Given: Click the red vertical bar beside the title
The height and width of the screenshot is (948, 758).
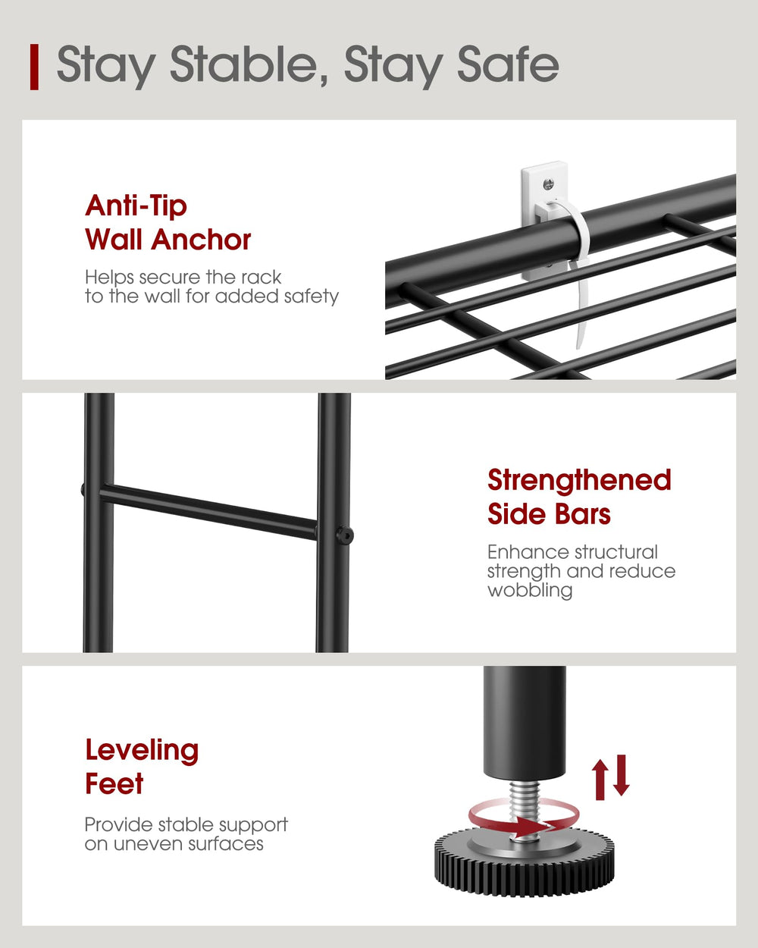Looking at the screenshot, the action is tap(34, 67).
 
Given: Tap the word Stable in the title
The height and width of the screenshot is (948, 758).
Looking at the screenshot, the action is tap(249, 64).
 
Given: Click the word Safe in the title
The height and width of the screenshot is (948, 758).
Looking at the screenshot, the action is tap(509, 64).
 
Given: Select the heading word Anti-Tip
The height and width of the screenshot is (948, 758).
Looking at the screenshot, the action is tap(136, 206).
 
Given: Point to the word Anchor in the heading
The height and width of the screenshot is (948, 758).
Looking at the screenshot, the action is tap(201, 240).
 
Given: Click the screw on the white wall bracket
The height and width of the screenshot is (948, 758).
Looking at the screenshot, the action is tap(548, 184).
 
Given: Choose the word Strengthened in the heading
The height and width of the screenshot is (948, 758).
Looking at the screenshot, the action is tap(579, 480).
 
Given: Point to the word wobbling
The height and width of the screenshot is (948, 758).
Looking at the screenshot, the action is tap(530, 590).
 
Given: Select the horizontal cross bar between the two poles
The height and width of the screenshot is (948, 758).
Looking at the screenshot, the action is tap(208, 513).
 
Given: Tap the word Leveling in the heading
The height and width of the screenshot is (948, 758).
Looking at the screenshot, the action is tap(142, 750).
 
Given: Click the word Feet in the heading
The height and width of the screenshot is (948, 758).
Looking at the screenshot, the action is tap(114, 784).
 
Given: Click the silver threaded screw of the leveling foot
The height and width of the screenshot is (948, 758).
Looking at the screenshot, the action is tap(525, 811).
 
